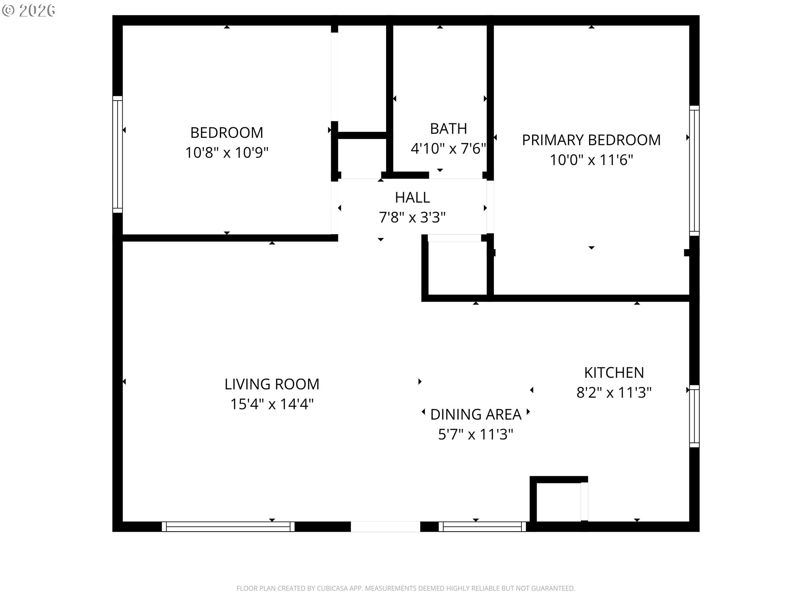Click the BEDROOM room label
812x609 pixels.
pyautogui.click(x=227, y=133)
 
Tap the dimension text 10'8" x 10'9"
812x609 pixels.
pyautogui.click(x=227, y=153)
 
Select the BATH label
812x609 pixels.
pyautogui.click(x=448, y=129)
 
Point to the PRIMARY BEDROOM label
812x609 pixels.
pyautogui.click(x=591, y=140)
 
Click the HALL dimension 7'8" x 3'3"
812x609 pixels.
pyautogui.click(x=412, y=217)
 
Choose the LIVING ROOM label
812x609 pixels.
pyautogui.click(x=272, y=384)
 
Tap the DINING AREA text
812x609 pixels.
pyautogui.click(x=475, y=414)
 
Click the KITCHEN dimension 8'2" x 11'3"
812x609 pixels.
pyautogui.click(x=614, y=393)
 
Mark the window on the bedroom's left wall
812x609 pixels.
pyautogui.click(x=118, y=154)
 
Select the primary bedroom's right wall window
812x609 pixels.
pyautogui.click(x=694, y=170)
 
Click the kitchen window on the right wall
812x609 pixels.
pyautogui.click(x=694, y=416)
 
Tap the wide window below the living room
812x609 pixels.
pyautogui.click(x=228, y=527)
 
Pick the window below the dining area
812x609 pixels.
pyautogui.click(x=482, y=527)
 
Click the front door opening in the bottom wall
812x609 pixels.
pyautogui.click(x=385, y=527)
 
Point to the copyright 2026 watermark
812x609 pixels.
pyautogui.click(x=29, y=11)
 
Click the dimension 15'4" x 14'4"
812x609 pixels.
pyautogui.click(x=272, y=404)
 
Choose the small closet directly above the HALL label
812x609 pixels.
pyautogui.click(x=361, y=156)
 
